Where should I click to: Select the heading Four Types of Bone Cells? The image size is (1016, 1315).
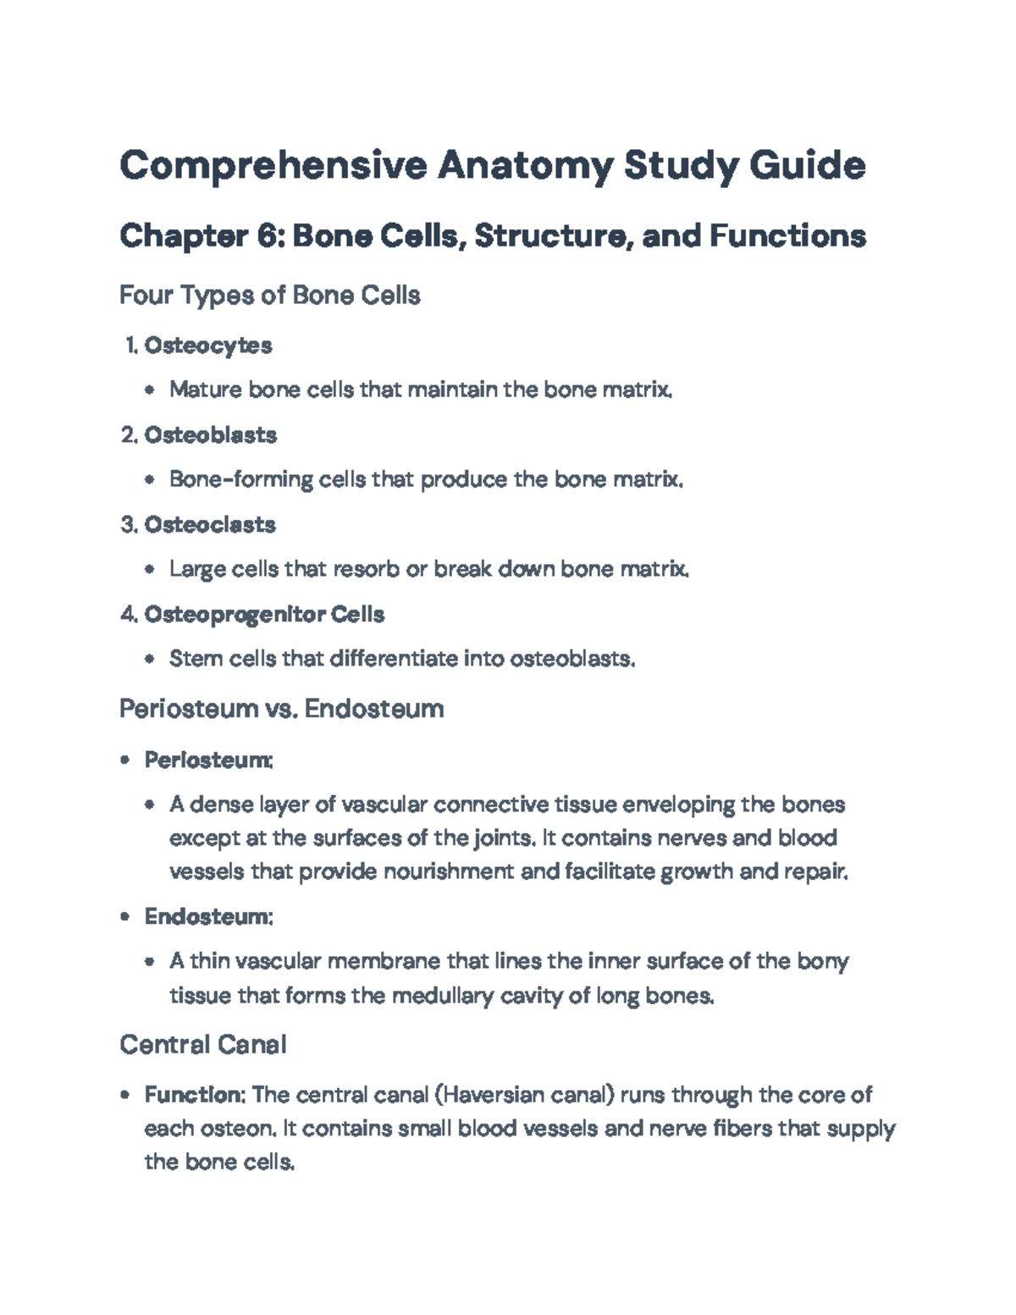(x=270, y=296)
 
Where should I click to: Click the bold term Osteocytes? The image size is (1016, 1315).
(x=208, y=345)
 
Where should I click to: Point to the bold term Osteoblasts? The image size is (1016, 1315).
(x=211, y=435)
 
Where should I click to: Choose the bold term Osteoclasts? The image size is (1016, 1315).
(x=210, y=525)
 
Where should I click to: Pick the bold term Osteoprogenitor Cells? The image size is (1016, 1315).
(x=264, y=615)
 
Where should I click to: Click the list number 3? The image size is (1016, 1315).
(x=128, y=525)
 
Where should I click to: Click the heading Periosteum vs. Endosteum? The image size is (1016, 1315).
(x=281, y=709)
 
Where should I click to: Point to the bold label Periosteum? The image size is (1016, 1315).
(x=208, y=760)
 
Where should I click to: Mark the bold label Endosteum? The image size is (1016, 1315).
(x=208, y=917)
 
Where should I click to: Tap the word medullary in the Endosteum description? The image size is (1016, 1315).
(x=441, y=996)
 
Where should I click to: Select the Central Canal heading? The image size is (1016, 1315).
(x=203, y=1045)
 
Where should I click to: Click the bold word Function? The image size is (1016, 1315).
(x=195, y=1096)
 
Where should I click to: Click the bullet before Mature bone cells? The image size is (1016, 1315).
(x=150, y=390)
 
